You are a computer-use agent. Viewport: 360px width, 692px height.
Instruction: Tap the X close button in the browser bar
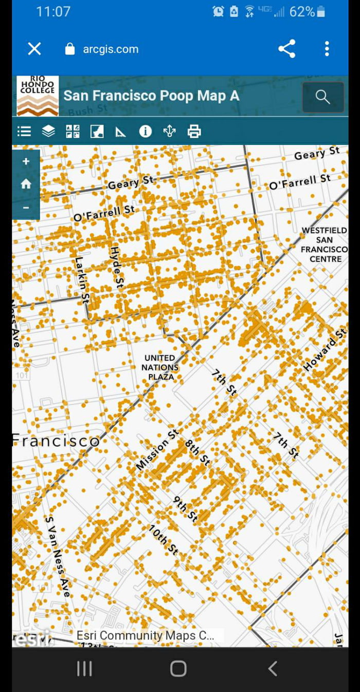(34, 49)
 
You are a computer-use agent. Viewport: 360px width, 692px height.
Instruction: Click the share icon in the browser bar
(286, 49)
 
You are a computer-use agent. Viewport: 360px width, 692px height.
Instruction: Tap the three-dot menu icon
(327, 49)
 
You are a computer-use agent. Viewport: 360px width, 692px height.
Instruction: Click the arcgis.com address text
(111, 49)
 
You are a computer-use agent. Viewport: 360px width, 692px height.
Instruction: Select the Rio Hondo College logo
(38, 96)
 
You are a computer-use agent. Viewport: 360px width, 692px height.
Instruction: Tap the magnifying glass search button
(322, 97)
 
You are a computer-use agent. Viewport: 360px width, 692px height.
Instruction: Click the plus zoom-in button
(26, 161)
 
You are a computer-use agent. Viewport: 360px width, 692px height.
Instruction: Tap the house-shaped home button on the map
(26, 184)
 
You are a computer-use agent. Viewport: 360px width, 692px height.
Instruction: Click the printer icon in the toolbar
(194, 132)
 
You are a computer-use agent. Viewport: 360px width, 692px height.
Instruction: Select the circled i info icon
(146, 132)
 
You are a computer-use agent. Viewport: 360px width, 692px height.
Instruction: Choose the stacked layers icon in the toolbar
(48, 132)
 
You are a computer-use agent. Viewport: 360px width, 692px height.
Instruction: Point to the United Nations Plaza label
(160, 367)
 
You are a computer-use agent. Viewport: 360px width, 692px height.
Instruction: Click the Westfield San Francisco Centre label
(325, 245)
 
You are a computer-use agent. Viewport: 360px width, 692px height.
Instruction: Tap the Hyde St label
(117, 267)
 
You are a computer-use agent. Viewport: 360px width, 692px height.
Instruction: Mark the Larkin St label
(82, 281)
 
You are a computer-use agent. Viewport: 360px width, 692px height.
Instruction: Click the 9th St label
(185, 509)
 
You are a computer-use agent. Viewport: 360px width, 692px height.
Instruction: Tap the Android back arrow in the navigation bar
(273, 668)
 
